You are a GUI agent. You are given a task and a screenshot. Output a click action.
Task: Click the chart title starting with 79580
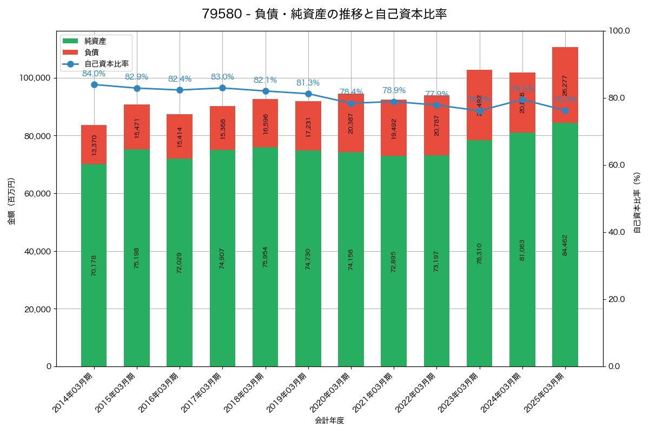[324, 14]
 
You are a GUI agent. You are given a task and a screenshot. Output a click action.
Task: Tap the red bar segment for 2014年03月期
[94, 145]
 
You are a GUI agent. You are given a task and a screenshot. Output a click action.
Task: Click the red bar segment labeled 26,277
[565, 85]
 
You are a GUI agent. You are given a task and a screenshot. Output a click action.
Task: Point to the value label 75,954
[266, 257]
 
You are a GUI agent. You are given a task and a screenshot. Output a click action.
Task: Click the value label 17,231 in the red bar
[308, 127]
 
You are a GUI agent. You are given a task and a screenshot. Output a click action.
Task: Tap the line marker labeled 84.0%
[94, 84]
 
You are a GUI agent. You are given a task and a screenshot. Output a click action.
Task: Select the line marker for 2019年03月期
[308, 94]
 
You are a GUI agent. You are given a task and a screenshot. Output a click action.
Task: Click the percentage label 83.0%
[222, 77]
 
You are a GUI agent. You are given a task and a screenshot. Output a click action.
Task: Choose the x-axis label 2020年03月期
[331, 392]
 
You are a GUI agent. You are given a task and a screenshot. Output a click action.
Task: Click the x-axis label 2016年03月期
[160, 392]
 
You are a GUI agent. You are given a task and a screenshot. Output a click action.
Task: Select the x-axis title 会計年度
[329, 420]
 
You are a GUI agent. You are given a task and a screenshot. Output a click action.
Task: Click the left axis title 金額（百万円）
[11, 201]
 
